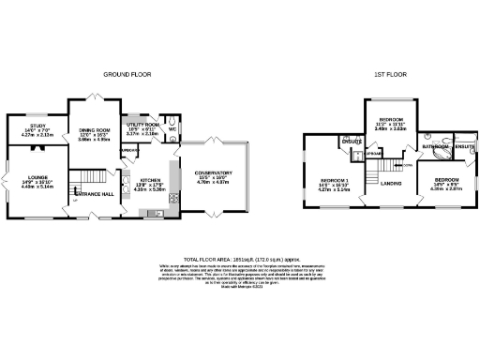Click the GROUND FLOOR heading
pyautogui.click(x=127, y=73)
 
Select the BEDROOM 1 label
pyautogui.click(x=334, y=180)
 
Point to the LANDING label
pyautogui.click(x=391, y=183)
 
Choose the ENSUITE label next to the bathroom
pyautogui.click(x=464, y=146)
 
